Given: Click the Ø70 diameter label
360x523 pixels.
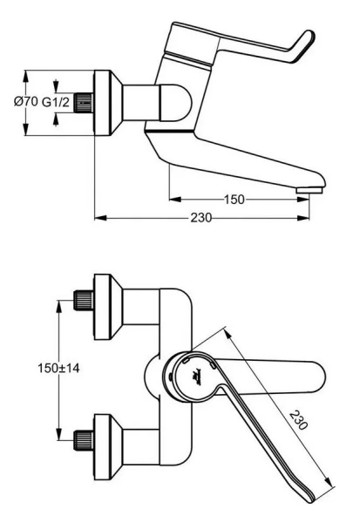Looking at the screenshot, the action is point(25,101).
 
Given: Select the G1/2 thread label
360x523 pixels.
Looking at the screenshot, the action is point(56,102).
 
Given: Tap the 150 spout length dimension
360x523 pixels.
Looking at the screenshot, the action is point(234,200).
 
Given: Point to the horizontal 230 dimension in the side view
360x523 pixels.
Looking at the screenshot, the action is point(201,218).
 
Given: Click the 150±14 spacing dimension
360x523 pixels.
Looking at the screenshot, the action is point(58,368).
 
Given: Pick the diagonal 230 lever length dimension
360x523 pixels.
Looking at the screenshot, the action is point(298,419).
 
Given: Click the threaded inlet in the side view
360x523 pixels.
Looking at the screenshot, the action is point(84,103).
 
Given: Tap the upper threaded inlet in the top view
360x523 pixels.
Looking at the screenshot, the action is point(84,300).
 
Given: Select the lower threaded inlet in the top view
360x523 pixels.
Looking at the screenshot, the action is point(84,440).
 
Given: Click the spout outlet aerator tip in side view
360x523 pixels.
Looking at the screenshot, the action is point(309,191).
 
